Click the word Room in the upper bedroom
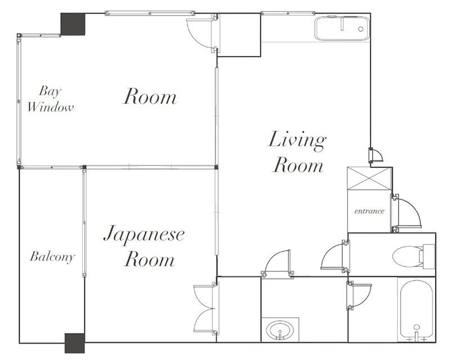150,97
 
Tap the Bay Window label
51,98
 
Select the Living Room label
297,152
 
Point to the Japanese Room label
144,246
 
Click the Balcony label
52,258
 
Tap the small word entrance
369,211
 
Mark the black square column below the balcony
74,343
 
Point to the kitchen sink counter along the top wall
341,29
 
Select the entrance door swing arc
406,212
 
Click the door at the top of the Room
200,32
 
